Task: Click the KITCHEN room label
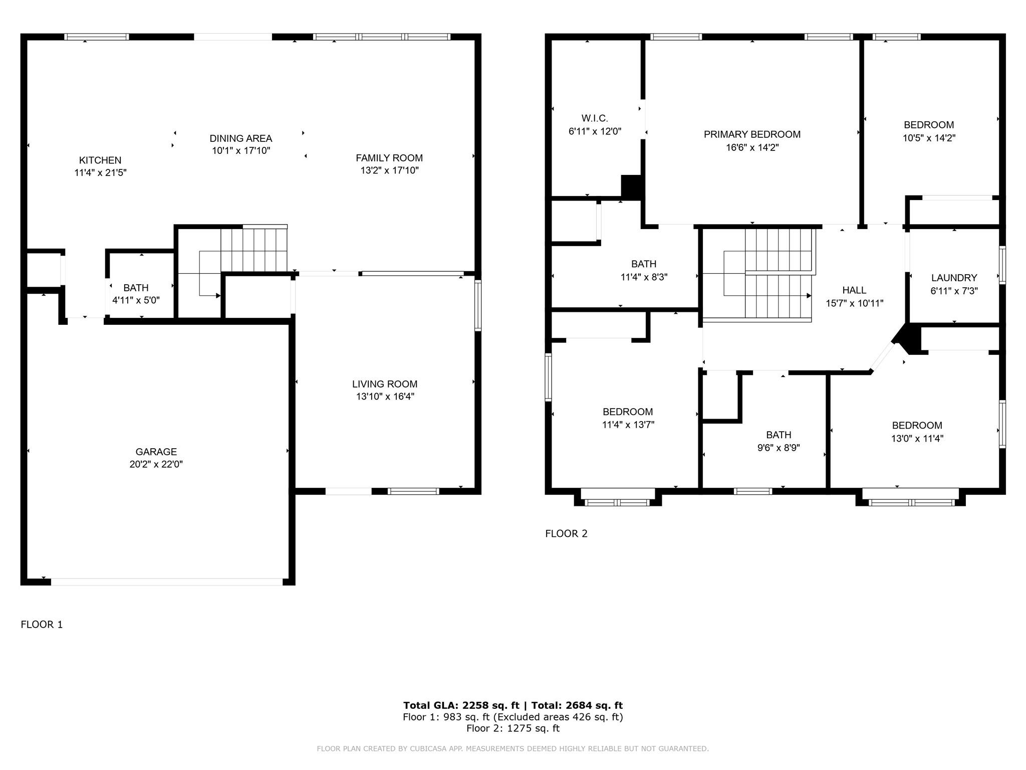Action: [x=100, y=160]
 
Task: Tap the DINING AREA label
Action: [x=241, y=138]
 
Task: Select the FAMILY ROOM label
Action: [x=389, y=158]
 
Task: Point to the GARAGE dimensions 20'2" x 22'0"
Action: [x=156, y=464]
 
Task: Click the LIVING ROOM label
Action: [x=385, y=384]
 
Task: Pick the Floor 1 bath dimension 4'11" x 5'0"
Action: [x=136, y=300]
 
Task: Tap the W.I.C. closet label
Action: [x=595, y=118]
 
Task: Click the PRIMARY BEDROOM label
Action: [x=752, y=134]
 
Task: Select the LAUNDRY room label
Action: [x=954, y=278]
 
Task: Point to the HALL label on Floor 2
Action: [x=854, y=290]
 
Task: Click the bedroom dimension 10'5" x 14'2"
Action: [x=929, y=138]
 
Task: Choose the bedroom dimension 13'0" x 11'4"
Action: [x=917, y=438]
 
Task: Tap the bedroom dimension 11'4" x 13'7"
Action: [x=628, y=425]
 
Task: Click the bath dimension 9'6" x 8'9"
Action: [x=779, y=448]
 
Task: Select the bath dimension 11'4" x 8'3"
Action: [x=644, y=277]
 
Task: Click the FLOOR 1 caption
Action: [x=42, y=624]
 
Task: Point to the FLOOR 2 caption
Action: [x=566, y=533]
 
